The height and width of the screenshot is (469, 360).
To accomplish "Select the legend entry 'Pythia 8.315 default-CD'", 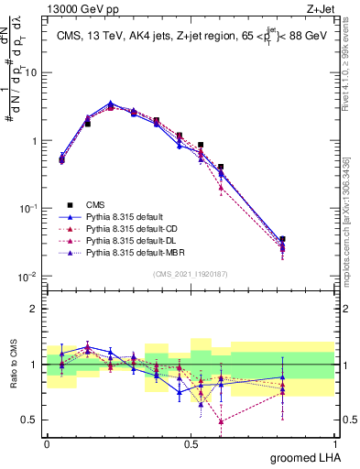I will [x=133, y=227].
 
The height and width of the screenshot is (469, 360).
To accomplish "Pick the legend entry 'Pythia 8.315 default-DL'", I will [x=133, y=238].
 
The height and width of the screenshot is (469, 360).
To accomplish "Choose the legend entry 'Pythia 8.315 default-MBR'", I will [x=135, y=250].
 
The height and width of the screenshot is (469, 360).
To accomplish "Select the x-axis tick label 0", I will [x=47, y=442].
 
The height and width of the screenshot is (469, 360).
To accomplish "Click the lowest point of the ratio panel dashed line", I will [x=221, y=421].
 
